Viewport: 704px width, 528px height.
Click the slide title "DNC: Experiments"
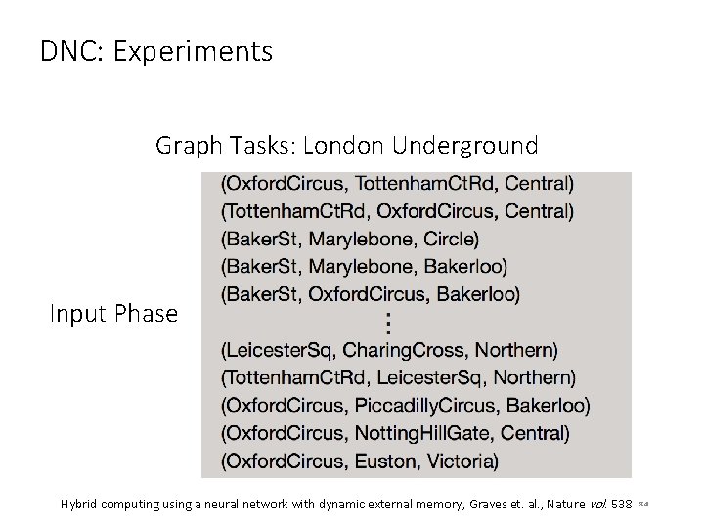pos(156,51)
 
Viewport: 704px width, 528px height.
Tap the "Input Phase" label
pos(114,314)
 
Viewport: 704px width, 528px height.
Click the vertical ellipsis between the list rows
pos(388,322)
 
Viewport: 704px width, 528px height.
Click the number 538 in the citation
pos(621,505)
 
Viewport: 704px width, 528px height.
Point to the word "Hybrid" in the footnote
pos(81,505)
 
